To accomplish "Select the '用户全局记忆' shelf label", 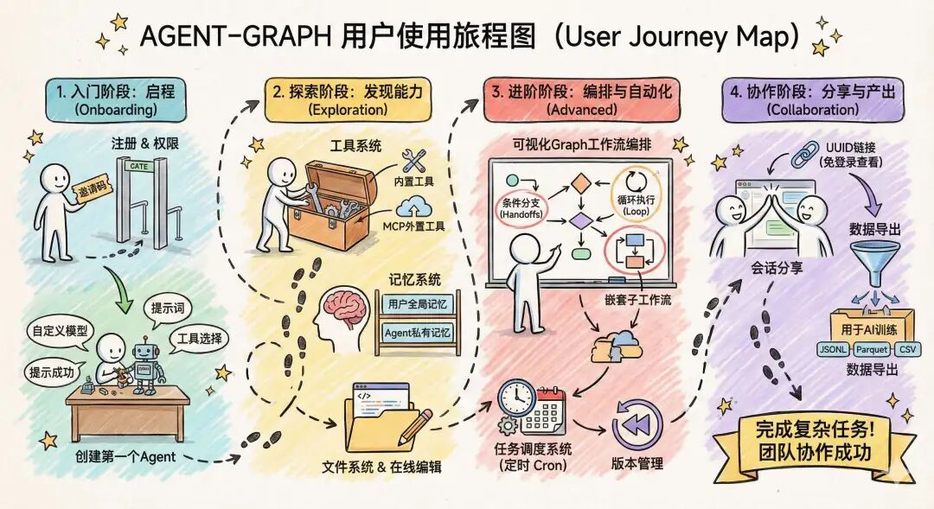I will pos(416,304).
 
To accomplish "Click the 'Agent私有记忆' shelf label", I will pos(416,332).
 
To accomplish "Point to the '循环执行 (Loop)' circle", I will pos(636,191).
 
